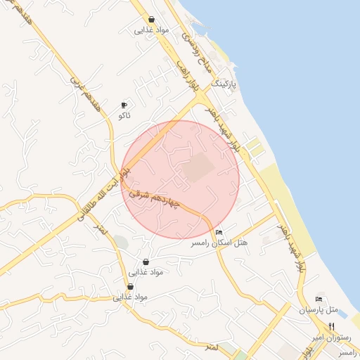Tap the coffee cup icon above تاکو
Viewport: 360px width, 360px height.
125,104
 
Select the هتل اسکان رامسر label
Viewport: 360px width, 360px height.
219,243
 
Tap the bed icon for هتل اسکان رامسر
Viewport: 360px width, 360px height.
219,232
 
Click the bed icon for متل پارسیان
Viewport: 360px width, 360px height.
320,299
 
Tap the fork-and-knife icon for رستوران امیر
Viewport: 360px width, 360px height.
331,326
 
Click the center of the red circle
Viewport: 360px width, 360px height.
181,179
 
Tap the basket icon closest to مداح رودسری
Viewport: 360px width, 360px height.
152,20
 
